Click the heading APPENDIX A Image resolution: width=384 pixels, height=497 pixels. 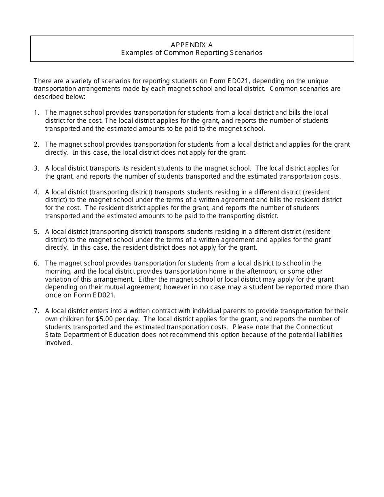192,44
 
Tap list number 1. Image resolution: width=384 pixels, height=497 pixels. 36,112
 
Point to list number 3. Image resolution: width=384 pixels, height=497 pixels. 36,168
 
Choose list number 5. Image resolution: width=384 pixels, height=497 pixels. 36,232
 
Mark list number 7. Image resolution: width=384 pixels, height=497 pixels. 36,311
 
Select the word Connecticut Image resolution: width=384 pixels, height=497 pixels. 314,327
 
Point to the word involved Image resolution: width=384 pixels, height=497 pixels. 58,343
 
